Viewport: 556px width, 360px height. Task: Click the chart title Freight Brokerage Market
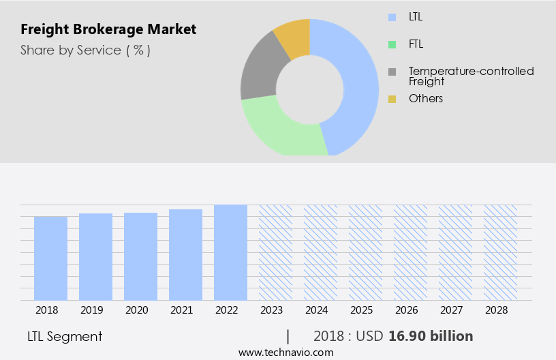coord(108,30)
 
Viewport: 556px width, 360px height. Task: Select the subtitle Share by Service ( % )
coord(85,50)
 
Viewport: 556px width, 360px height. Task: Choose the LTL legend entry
coord(415,16)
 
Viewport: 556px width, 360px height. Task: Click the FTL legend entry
coord(415,44)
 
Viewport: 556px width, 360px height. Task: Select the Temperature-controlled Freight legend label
coord(471,76)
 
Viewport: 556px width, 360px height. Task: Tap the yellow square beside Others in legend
coord(392,99)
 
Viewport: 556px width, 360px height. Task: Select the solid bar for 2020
coord(140,256)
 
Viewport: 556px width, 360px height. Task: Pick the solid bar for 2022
coord(230,252)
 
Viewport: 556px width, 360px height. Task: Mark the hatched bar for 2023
coord(275,252)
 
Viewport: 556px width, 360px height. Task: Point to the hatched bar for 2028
coord(500,252)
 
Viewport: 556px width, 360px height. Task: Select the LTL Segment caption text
coord(65,336)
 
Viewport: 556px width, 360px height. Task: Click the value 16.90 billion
coord(431,336)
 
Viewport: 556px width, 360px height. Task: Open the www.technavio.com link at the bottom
coord(286,352)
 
